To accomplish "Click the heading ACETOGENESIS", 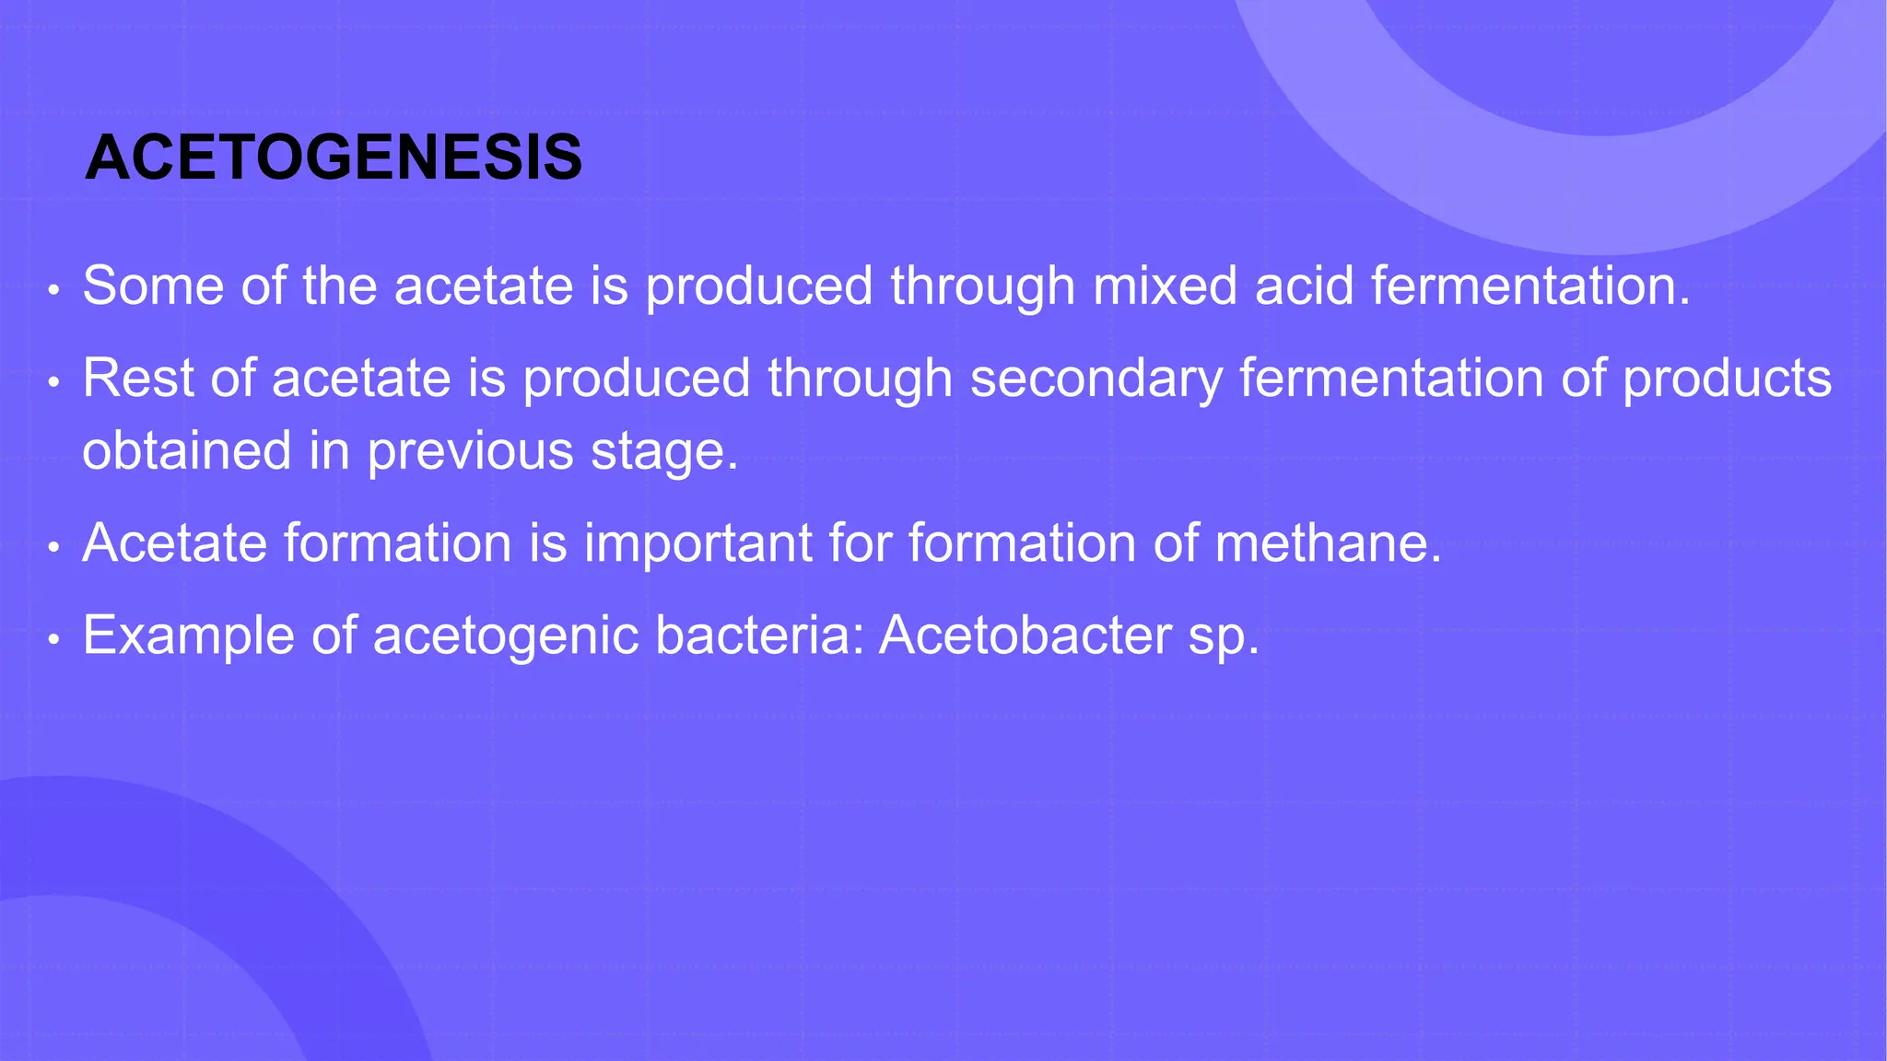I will coord(333,157).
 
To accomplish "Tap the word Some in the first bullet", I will coord(153,286).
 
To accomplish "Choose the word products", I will coord(1727,379).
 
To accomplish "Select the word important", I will coord(697,543).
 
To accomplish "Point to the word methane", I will coord(1328,543).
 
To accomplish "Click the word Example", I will coord(188,636).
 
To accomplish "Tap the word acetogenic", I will coord(505,636).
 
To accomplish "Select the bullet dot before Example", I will coord(54,639).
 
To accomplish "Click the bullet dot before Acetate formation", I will coord(54,548).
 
